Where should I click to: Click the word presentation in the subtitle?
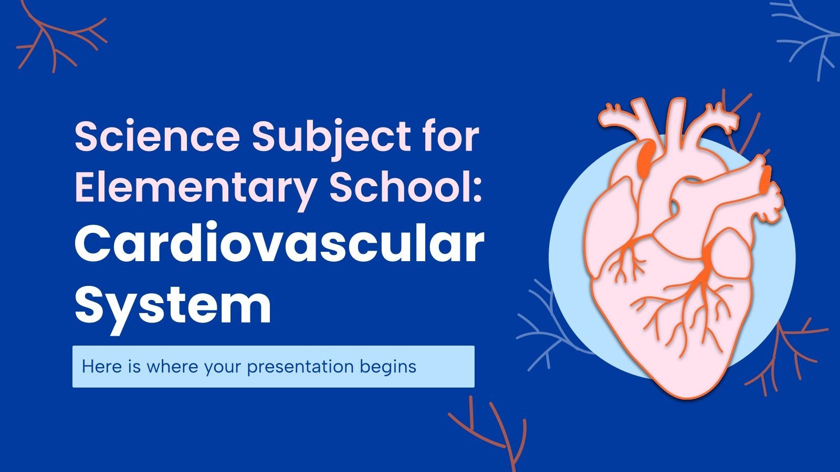pyautogui.click(x=300, y=367)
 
